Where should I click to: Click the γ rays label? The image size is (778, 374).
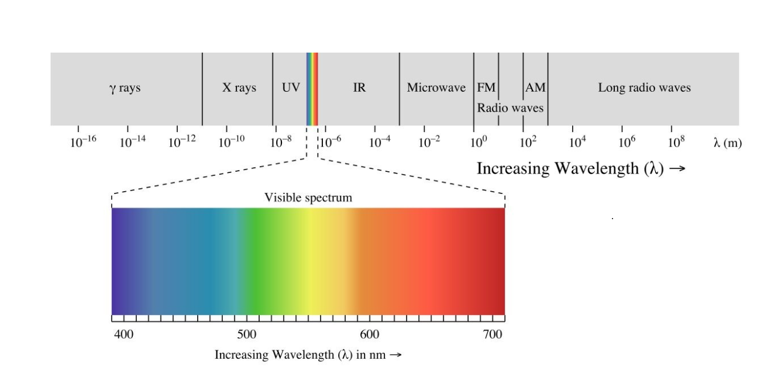125,88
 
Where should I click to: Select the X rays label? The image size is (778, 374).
239,88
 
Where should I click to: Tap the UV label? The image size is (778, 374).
291,88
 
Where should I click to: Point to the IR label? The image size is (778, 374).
359,88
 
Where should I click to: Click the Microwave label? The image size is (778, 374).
436,88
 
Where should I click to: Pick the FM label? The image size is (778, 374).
486,88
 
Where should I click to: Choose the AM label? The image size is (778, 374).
535,88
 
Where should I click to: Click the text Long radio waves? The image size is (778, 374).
644,88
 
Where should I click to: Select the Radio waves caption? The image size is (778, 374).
510,108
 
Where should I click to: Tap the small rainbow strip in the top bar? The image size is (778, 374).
312,89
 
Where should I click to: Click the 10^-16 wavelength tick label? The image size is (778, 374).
82,141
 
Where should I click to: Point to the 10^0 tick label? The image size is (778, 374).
478,141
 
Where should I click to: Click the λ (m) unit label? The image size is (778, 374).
727,143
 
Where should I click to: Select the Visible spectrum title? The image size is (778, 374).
308,198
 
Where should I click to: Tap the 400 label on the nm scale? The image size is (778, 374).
123,334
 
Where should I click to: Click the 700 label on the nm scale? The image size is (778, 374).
493,334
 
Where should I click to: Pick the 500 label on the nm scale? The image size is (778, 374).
246,334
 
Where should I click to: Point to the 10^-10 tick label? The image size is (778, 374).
230,141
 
